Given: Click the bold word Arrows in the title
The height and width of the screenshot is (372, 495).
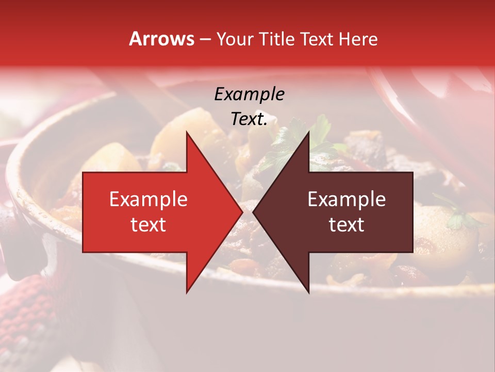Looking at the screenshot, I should point(162,39).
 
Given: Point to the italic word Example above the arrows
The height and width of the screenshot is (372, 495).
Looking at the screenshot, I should point(250,94).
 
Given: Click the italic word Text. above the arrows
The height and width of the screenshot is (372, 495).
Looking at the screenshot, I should point(250,119).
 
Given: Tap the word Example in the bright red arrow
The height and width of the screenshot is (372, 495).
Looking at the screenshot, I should point(148,199).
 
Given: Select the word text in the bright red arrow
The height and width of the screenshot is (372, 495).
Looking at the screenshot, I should point(148,225).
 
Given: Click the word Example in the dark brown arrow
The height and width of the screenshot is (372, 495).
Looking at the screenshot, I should point(346,199).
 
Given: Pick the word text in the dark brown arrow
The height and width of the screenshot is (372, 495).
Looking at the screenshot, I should point(346,225).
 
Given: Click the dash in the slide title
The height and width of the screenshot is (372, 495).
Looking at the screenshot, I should point(205,39).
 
